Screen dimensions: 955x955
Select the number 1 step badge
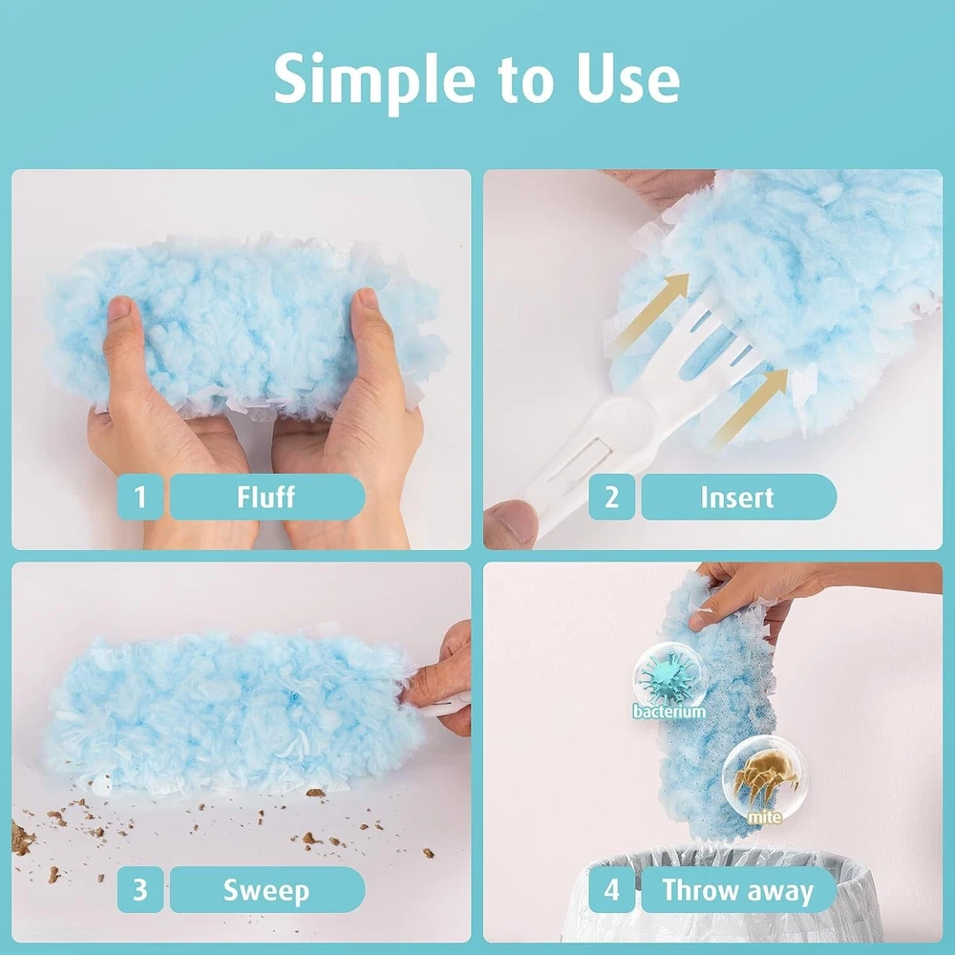[140, 497]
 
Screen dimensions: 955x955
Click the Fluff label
[266, 497]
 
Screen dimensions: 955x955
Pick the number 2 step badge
[611, 497]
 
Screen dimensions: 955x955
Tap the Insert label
[738, 497]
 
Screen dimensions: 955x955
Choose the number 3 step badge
[140, 890]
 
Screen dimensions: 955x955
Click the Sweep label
[266, 890]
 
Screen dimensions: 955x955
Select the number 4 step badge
[611, 890]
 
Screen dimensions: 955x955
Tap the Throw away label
[738, 890]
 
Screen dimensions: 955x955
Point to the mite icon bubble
[762, 777]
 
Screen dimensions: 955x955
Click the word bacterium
[668, 711]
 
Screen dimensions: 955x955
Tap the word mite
[764, 817]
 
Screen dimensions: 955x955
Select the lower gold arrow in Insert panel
[751, 405]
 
